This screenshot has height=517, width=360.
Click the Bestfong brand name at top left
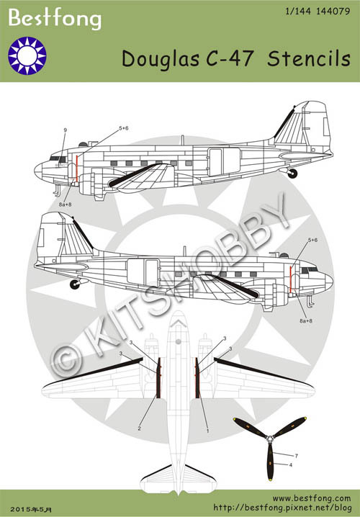55,19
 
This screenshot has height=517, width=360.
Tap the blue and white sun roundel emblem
27,55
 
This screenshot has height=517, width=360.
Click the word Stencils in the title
309,59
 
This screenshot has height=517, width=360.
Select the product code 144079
333,12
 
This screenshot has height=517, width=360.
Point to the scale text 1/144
298,12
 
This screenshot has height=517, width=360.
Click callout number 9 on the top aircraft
65,130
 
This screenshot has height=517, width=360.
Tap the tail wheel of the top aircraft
292,174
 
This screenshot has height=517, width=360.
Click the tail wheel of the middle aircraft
75,284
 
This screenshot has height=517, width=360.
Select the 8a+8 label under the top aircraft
65,204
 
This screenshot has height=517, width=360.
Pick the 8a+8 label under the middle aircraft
305,320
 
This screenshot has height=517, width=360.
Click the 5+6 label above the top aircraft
124,128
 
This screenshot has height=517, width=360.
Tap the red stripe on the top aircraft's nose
77,168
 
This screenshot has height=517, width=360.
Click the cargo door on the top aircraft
224,162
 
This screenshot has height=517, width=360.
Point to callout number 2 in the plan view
140,428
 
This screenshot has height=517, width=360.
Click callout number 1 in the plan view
207,431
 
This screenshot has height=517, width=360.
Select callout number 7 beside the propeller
297,456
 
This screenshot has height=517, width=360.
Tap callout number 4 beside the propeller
290,465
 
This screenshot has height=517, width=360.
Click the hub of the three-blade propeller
270,439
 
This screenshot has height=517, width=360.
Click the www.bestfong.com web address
312,498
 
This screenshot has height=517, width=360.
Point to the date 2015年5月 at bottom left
31,509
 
